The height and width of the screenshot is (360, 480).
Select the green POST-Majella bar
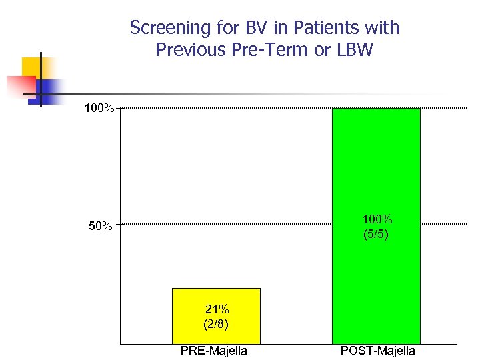[376, 167]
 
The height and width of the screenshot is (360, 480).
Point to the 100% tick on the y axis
[100, 108]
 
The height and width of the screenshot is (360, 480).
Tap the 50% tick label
[100, 226]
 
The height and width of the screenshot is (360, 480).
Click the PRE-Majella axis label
[213, 351]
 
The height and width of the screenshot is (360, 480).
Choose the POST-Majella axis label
[377, 351]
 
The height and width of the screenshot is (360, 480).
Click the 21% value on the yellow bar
[217, 309]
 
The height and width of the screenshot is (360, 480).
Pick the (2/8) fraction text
[217, 325]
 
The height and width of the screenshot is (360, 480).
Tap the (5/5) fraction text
[377, 235]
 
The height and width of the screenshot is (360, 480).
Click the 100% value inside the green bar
[377, 219]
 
